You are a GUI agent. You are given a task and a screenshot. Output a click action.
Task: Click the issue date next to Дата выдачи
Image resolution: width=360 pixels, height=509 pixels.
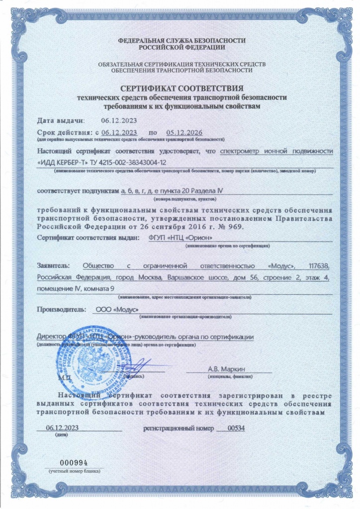118,120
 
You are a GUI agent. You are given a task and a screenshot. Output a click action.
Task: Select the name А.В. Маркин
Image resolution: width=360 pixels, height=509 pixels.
229,369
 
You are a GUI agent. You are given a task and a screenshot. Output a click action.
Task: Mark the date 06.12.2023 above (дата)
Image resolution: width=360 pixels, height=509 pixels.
62,428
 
